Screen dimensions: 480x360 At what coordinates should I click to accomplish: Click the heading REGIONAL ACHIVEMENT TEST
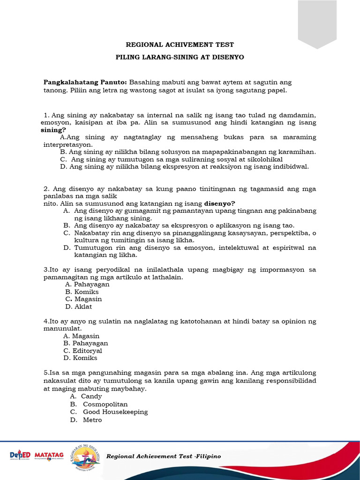click(180, 45)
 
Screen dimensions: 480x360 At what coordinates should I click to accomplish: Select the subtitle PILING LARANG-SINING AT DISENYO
click(180, 57)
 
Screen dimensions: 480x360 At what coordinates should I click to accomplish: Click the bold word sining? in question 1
click(53, 130)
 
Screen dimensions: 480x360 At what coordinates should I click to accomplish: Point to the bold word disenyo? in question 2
click(220, 203)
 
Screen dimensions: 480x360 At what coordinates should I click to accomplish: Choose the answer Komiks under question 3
click(86, 292)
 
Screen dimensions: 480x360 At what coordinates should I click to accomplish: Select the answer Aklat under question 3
click(83, 307)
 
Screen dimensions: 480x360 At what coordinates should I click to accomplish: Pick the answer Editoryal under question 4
click(87, 351)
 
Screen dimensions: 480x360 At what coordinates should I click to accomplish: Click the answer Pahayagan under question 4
click(90, 343)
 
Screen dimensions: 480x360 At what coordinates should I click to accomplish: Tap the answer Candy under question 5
click(91, 397)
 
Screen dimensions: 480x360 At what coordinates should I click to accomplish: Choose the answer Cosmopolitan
click(105, 404)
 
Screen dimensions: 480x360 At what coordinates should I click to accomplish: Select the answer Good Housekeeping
click(115, 412)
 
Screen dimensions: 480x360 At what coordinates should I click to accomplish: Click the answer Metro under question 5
click(92, 420)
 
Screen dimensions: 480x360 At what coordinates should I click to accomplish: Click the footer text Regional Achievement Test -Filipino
click(164, 456)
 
